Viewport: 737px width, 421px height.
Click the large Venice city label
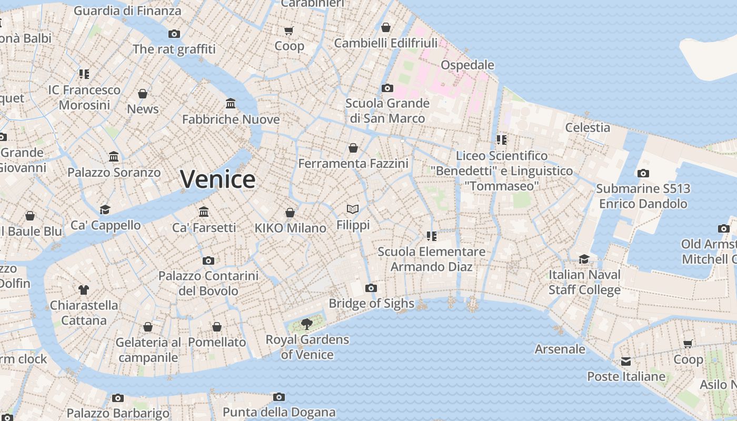(x=218, y=179)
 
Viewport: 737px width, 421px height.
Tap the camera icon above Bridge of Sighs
(x=371, y=288)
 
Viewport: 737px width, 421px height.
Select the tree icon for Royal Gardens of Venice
(x=306, y=324)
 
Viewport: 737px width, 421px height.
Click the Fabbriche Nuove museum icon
(x=231, y=103)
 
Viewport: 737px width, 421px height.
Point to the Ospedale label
(x=467, y=65)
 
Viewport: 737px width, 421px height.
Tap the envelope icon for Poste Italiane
(x=625, y=362)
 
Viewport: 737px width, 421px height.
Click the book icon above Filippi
(x=353, y=209)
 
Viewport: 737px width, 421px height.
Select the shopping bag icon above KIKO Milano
(x=290, y=213)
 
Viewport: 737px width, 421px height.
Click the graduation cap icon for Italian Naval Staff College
(x=584, y=259)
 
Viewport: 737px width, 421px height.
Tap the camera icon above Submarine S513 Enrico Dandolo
(x=643, y=173)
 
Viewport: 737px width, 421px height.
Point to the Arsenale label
(x=560, y=349)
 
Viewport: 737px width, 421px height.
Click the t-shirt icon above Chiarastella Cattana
(x=84, y=289)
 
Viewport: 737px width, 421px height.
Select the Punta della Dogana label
(x=279, y=412)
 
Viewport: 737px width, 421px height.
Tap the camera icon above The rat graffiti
(x=174, y=34)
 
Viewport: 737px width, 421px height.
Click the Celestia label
(x=587, y=127)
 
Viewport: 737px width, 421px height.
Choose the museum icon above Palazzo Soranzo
(x=114, y=157)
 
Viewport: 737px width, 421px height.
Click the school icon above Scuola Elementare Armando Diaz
(x=432, y=236)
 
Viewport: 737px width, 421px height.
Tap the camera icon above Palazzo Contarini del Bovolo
(x=208, y=260)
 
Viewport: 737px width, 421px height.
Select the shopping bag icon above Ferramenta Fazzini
(x=353, y=148)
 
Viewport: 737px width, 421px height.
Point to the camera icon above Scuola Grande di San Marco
(x=387, y=88)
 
